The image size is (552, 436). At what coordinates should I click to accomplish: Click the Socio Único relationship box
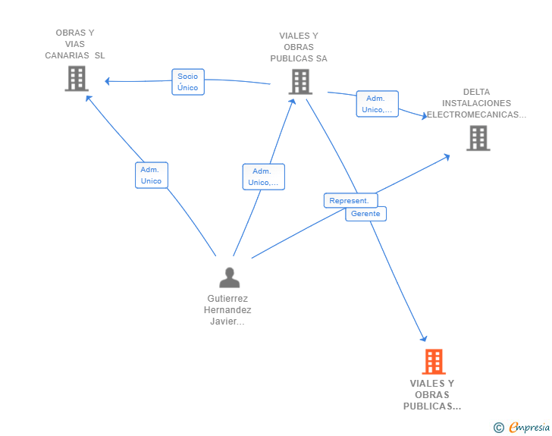tap(188, 82)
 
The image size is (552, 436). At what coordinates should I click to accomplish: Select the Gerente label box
tap(365, 214)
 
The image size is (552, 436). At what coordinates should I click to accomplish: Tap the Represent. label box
tap(350, 200)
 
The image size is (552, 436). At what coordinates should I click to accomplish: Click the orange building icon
tap(434, 362)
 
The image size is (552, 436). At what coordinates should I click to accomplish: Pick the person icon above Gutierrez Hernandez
tap(230, 278)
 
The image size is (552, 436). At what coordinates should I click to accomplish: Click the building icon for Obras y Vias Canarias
tap(77, 79)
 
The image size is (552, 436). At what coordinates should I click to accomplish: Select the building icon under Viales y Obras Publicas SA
tap(300, 82)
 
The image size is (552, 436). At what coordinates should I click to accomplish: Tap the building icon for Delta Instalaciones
tap(478, 138)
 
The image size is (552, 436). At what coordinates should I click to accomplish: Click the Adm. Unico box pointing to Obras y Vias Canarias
tap(152, 175)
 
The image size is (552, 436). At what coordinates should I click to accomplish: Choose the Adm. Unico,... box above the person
tap(263, 177)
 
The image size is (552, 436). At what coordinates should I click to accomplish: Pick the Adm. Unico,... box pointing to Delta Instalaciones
tap(377, 104)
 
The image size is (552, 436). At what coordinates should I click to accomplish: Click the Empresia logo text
tap(529, 427)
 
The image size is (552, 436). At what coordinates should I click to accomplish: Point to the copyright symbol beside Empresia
tap(498, 428)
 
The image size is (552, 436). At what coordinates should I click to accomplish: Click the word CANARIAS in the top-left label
tap(67, 55)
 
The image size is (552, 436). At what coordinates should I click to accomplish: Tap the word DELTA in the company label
tap(476, 92)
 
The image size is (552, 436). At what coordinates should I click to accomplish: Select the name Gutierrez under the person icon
tap(227, 299)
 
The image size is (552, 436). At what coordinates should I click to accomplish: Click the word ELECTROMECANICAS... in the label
tap(476, 114)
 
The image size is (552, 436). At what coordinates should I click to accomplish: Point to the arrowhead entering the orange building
tap(424, 339)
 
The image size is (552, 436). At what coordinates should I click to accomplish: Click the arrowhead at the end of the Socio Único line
tap(108, 81)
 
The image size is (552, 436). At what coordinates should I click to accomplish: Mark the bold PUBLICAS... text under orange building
tap(432, 406)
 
